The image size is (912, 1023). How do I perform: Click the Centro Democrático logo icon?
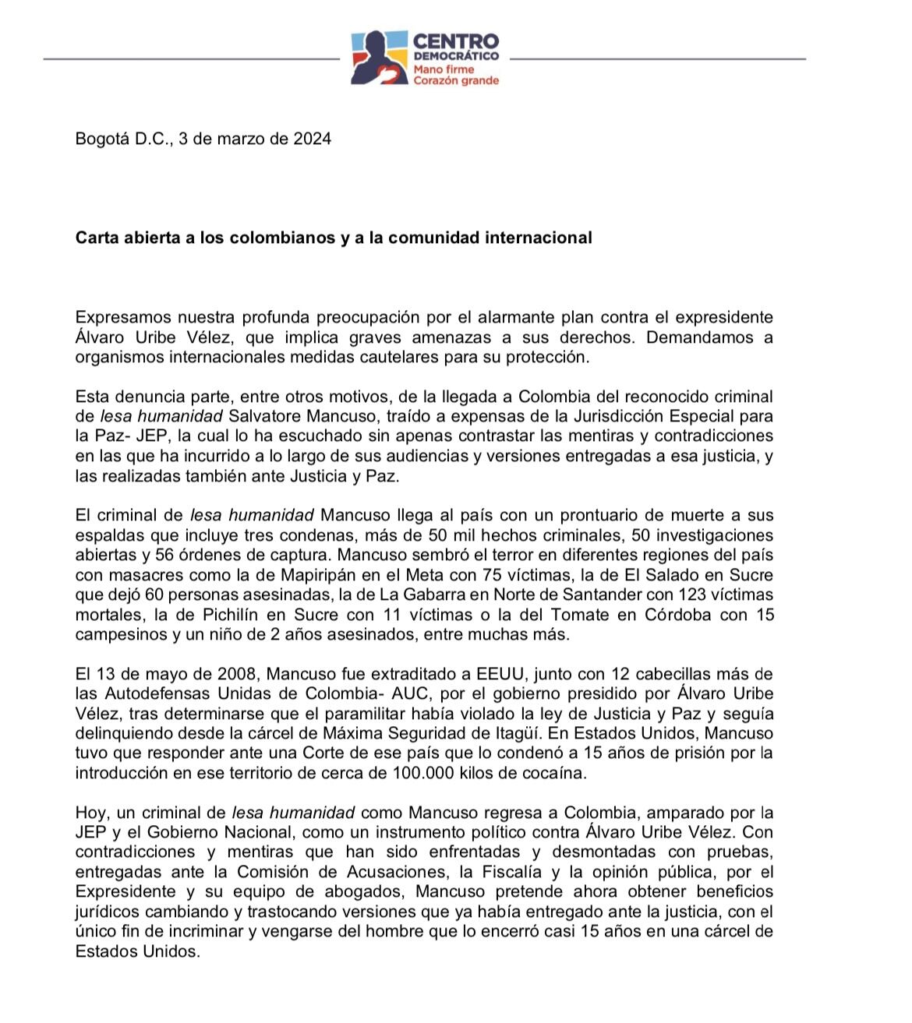click(x=380, y=57)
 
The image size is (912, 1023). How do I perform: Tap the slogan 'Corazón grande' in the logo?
click(x=456, y=80)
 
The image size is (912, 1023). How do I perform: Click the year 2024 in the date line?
click(x=312, y=139)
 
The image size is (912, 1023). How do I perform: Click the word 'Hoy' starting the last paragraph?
click(x=88, y=813)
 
